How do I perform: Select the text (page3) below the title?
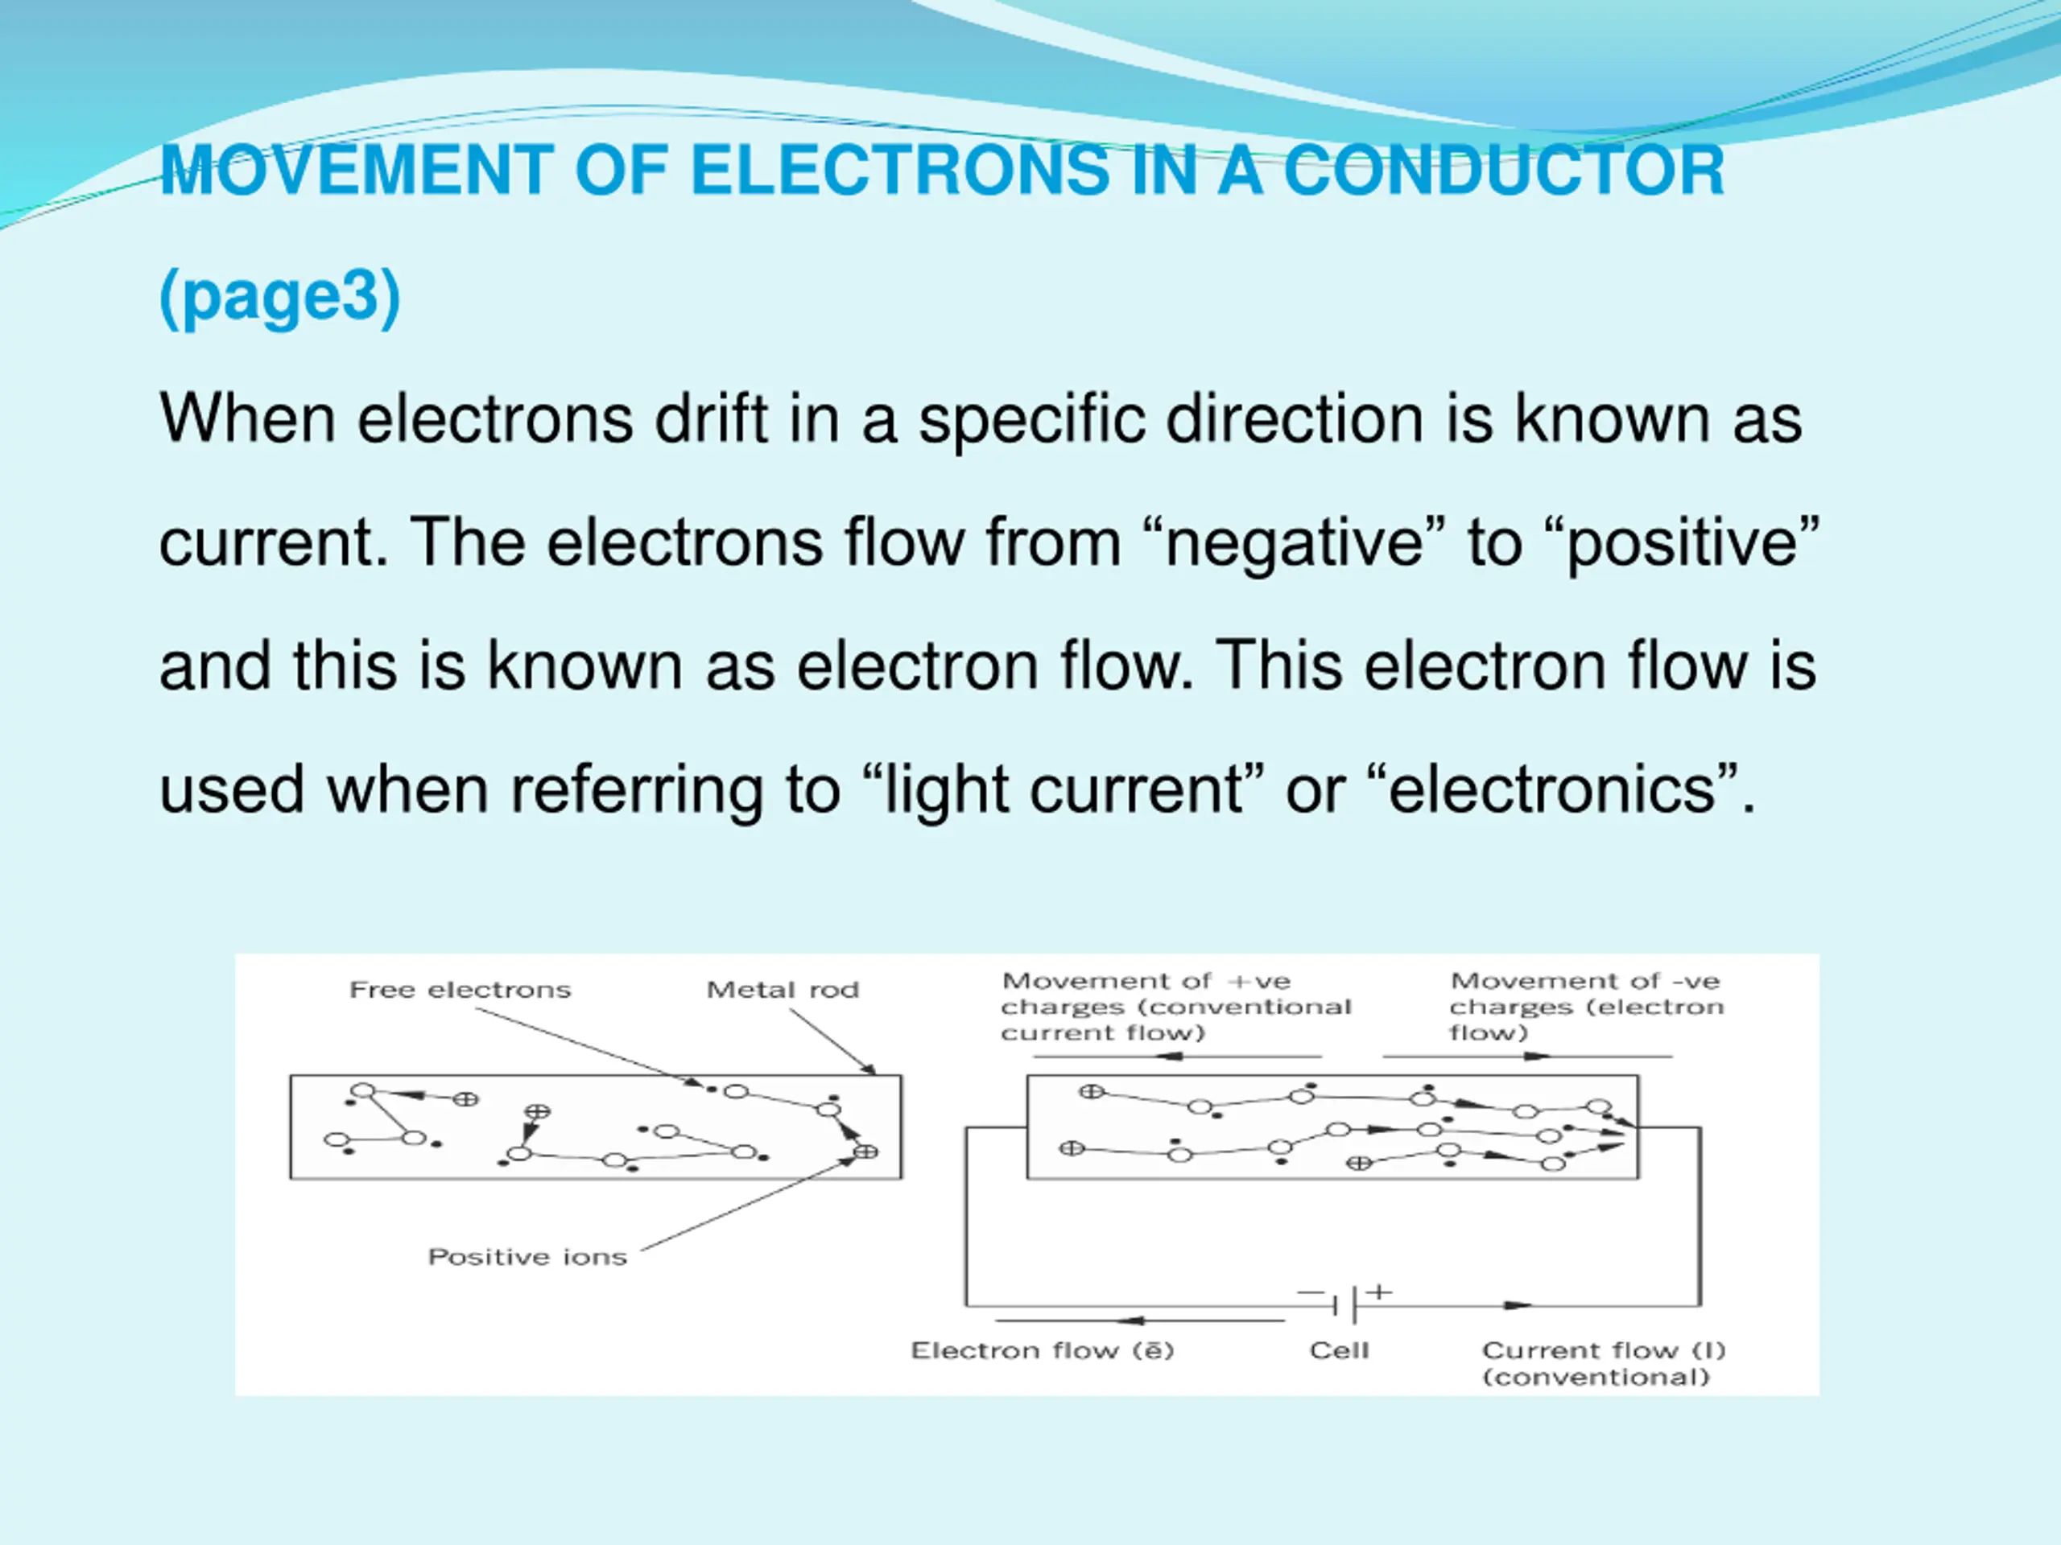[x=279, y=296]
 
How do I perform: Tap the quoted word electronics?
[x=1551, y=789]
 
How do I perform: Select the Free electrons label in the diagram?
[x=460, y=990]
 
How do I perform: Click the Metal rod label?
[x=782, y=990]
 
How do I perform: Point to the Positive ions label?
[x=527, y=1257]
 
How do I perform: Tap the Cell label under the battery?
[x=1339, y=1350]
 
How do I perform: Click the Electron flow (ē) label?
[x=1042, y=1350]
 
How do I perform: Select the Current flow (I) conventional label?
[x=1603, y=1363]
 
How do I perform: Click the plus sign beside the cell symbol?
[x=1379, y=1292]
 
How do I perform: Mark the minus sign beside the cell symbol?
[x=1309, y=1292]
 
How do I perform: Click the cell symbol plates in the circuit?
[x=1344, y=1306]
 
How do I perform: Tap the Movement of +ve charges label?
[x=1174, y=1007]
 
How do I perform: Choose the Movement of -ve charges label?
[x=1586, y=1007]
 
